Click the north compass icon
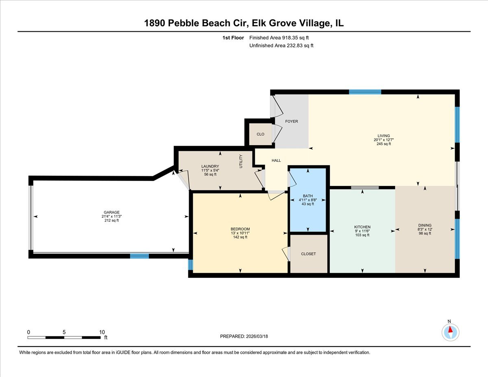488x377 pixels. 450,332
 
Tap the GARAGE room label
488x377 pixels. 111,212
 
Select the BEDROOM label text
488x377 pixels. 240,229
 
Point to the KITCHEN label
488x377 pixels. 362,227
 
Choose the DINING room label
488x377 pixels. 425,225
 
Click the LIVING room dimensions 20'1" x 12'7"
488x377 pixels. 384,140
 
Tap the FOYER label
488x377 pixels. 291,122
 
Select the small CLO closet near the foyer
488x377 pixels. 260,134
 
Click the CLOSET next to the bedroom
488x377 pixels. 308,254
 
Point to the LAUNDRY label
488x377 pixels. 210,166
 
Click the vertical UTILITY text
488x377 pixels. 241,161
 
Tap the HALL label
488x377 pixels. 276,161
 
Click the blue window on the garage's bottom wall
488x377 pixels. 139,256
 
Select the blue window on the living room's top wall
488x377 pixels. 365,92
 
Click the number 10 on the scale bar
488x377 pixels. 102,332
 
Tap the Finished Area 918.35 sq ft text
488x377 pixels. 281,38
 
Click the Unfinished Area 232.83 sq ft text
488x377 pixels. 281,46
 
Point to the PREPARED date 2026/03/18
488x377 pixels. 244,336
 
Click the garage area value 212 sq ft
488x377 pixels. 111,220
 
